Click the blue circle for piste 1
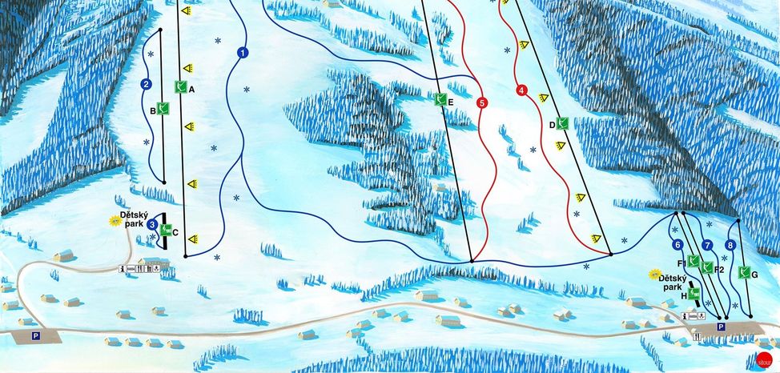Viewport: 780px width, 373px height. click(242, 54)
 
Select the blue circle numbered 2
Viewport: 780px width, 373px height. click(146, 84)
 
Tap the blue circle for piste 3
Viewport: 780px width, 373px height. click(151, 225)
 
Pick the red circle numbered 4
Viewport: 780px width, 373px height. click(521, 90)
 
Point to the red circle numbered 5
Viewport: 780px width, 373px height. click(481, 102)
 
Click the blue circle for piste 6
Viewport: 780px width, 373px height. click(677, 245)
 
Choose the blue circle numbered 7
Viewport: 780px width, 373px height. click(706, 245)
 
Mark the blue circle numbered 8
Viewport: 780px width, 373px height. click(730, 245)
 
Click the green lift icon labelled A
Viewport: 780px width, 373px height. click(180, 88)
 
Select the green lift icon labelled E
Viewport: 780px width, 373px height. click(440, 100)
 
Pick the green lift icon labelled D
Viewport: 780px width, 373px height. click(563, 123)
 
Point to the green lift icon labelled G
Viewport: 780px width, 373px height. click(742, 272)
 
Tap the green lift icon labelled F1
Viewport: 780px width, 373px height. click(693, 261)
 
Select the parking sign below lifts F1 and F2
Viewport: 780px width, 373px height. click(721, 327)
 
